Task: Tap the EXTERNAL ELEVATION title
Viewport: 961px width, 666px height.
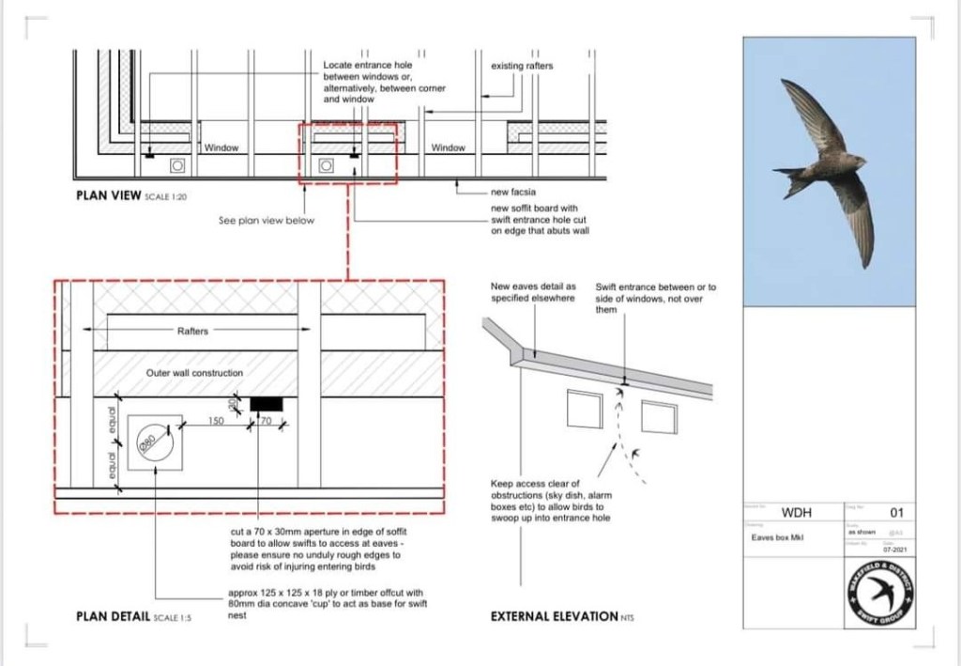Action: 554,617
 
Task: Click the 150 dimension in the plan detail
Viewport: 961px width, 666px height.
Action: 215,423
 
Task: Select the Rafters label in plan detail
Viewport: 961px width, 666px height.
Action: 192,331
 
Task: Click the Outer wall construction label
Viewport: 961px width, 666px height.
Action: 194,373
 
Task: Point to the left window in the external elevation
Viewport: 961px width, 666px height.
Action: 584,409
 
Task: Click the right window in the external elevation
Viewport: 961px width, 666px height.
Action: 658,416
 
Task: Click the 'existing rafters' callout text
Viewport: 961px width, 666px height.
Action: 522,66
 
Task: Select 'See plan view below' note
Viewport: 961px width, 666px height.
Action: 267,221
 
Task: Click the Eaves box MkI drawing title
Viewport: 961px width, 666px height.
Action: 773,537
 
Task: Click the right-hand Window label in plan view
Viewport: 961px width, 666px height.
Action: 449,147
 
